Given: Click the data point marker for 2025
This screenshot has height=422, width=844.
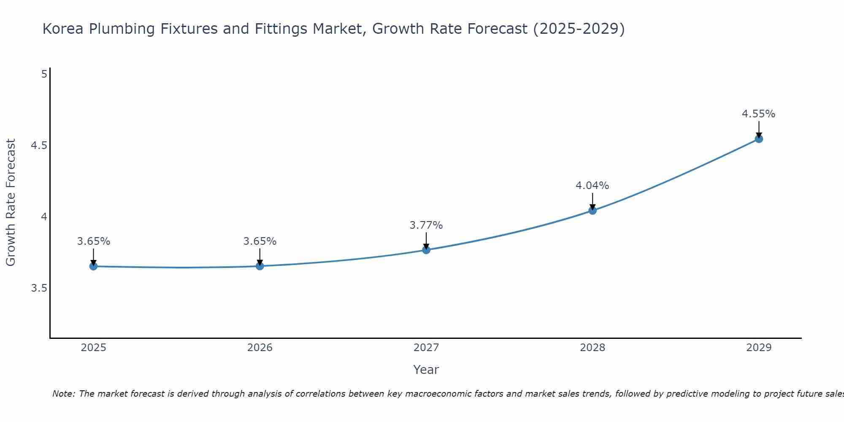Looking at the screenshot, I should (93, 266).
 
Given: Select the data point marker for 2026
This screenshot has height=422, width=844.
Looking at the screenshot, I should (260, 266).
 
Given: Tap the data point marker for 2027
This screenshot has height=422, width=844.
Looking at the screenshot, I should (426, 250).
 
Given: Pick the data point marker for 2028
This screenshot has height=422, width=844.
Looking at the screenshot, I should (592, 211).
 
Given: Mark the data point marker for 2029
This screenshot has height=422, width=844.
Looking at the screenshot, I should (759, 139).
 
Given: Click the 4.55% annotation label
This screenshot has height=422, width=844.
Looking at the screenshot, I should (758, 114).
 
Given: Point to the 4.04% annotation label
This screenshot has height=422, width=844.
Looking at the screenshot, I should (592, 186).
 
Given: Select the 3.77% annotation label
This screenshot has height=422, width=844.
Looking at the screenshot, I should (426, 225).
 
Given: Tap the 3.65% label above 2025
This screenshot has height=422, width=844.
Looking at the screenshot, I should (93, 241).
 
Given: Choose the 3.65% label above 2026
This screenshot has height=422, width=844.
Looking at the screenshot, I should (260, 241).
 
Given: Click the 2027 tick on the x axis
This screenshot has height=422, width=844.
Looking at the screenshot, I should (426, 348).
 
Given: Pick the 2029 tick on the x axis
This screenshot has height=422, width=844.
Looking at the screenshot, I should (759, 348).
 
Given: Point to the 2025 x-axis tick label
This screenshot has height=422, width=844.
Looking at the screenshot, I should (93, 348).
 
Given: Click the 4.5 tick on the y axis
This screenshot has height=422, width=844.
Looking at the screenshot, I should (39, 146).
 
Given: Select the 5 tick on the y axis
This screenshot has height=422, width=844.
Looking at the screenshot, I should (44, 74).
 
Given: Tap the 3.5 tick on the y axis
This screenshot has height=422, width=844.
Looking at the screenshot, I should (39, 288).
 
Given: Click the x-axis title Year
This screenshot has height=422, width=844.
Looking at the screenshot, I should (426, 370).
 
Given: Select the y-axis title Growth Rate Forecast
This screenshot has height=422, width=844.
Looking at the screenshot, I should (11, 203).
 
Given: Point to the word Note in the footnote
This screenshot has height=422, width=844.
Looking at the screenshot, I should (63, 394).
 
